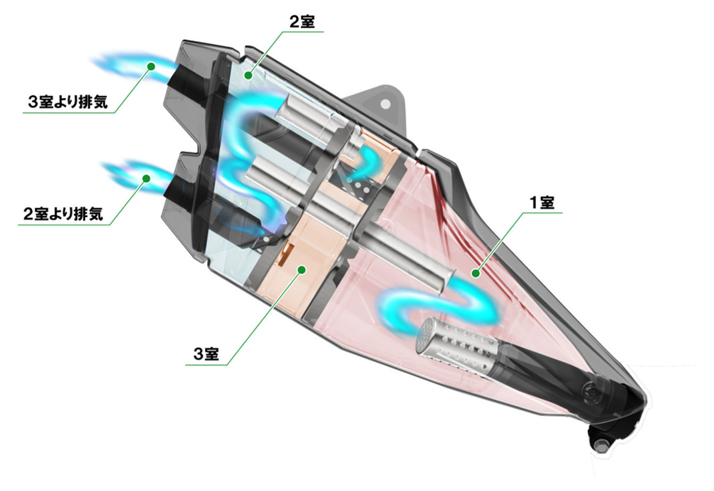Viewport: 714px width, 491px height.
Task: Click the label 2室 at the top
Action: tap(302, 22)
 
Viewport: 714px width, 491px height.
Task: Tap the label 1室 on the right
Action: tap(542, 202)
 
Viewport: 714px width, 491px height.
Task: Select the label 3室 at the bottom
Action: tap(206, 354)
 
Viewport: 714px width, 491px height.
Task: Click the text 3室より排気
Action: tap(67, 102)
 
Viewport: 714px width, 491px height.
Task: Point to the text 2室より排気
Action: tap(63, 214)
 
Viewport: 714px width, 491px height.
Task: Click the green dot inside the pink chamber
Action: tap(476, 273)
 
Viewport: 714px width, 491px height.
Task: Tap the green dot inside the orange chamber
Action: tap(302, 270)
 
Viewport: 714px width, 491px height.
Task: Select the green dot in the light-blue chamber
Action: tap(249, 75)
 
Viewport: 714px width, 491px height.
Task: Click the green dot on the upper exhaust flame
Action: tap(151, 66)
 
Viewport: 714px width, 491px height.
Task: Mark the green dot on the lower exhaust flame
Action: tap(146, 178)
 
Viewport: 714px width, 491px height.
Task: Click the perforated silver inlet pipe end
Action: tap(427, 334)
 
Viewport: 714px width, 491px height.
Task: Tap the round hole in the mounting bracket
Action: tap(385, 104)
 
